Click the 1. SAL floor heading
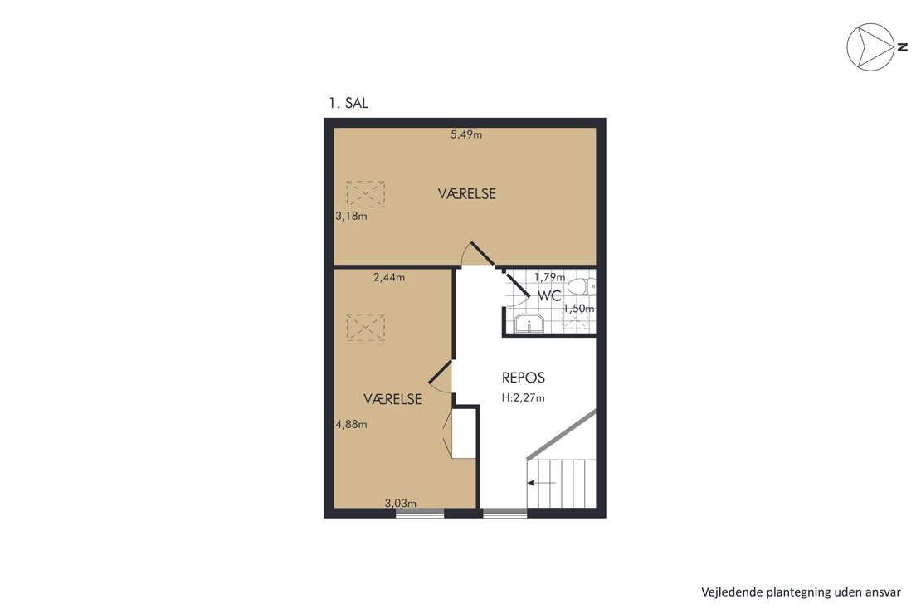click(x=348, y=104)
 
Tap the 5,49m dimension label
click(x=466, y=134)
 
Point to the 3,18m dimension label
click(x=351, y=217)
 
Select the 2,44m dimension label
click(x=389, y=277)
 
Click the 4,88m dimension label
click(x=351, y=424)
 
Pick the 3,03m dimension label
click(x=401, y=503)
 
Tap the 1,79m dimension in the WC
click(x=550, y=277)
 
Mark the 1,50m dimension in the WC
click(x=578, y=309)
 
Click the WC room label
click(x=550, y=295)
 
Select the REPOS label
click(x=524, y=378)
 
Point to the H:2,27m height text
click(x=524, y=397)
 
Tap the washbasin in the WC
click(x=529, y=324)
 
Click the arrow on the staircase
click(x=542, y=483)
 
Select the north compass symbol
click(x=870, y=47)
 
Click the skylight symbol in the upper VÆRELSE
click(x=365, y=194)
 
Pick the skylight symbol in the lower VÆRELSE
click(x=365, y=328)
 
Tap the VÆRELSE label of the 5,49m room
click(x=467, y=194)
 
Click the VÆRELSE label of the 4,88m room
click(x=393, y=400)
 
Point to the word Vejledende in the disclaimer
click(x=732, y=592)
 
